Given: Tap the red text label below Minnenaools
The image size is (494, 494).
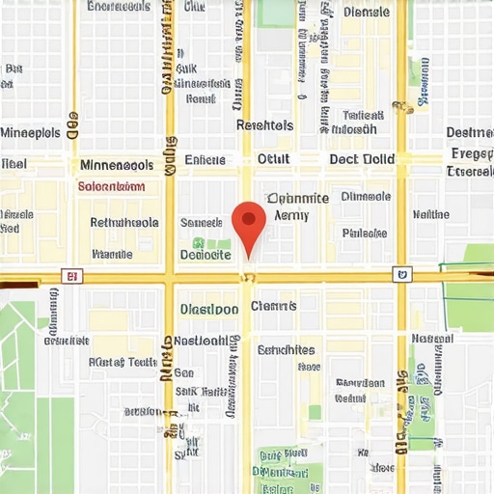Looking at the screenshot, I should point(111,187).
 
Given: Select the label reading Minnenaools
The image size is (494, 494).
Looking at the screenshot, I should point(116,165).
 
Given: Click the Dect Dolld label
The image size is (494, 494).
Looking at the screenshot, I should point(362,159).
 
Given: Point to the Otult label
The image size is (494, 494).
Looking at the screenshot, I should point(272,159).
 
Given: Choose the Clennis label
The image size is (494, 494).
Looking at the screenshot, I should point(274,306).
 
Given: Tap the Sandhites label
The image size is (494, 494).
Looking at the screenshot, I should point(287,349).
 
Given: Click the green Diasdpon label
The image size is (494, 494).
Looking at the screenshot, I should point(209,310).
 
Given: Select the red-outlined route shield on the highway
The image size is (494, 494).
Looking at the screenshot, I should point(69,276).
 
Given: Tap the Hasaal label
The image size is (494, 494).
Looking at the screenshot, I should point(432,339).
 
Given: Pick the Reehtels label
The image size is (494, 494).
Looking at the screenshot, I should point(264,125).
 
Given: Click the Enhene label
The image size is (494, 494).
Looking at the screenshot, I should point(205,160).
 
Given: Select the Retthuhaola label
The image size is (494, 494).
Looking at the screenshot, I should point(124,222).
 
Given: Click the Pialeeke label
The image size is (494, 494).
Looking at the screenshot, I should point(364,233).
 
